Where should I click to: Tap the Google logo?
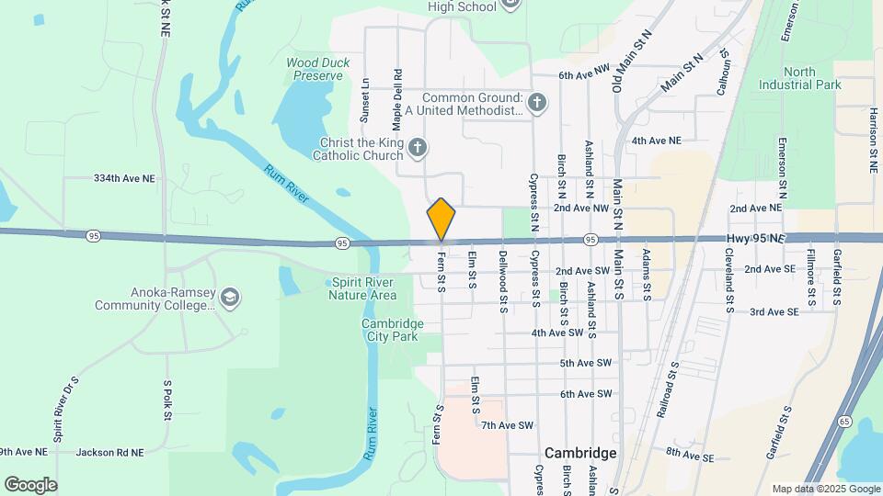coord(30,485)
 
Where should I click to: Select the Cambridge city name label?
coord(579,453)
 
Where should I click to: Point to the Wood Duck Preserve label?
coord(315,70)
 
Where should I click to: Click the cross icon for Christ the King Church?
coord(417,148)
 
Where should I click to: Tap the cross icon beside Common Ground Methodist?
coord(537,103)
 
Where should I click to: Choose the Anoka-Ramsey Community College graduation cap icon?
coord(230,297)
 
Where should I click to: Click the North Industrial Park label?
coord(799,78)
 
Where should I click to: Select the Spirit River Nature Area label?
coord(362,288)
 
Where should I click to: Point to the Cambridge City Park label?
coord(392,330)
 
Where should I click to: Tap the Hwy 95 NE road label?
coord(752,239)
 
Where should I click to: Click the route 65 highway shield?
coord(844,420)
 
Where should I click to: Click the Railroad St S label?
coord(668,389)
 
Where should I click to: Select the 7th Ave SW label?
coord(508,425)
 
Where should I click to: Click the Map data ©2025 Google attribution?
coord(825,489)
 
